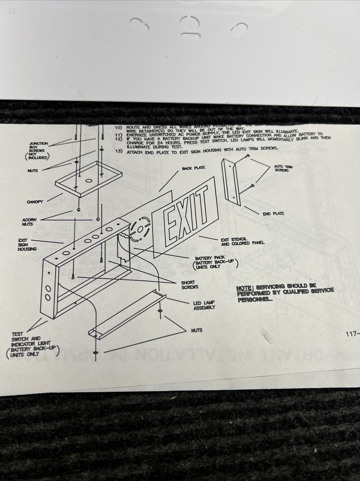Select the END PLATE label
pos(273,214)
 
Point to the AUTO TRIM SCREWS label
pos(283,169)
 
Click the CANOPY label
pos(35,202)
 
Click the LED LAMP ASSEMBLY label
pos(204,305)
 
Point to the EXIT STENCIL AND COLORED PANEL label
pos(242,241)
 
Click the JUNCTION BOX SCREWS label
pos(38,150)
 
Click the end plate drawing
pos(233,180)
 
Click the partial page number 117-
pos(352,333)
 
